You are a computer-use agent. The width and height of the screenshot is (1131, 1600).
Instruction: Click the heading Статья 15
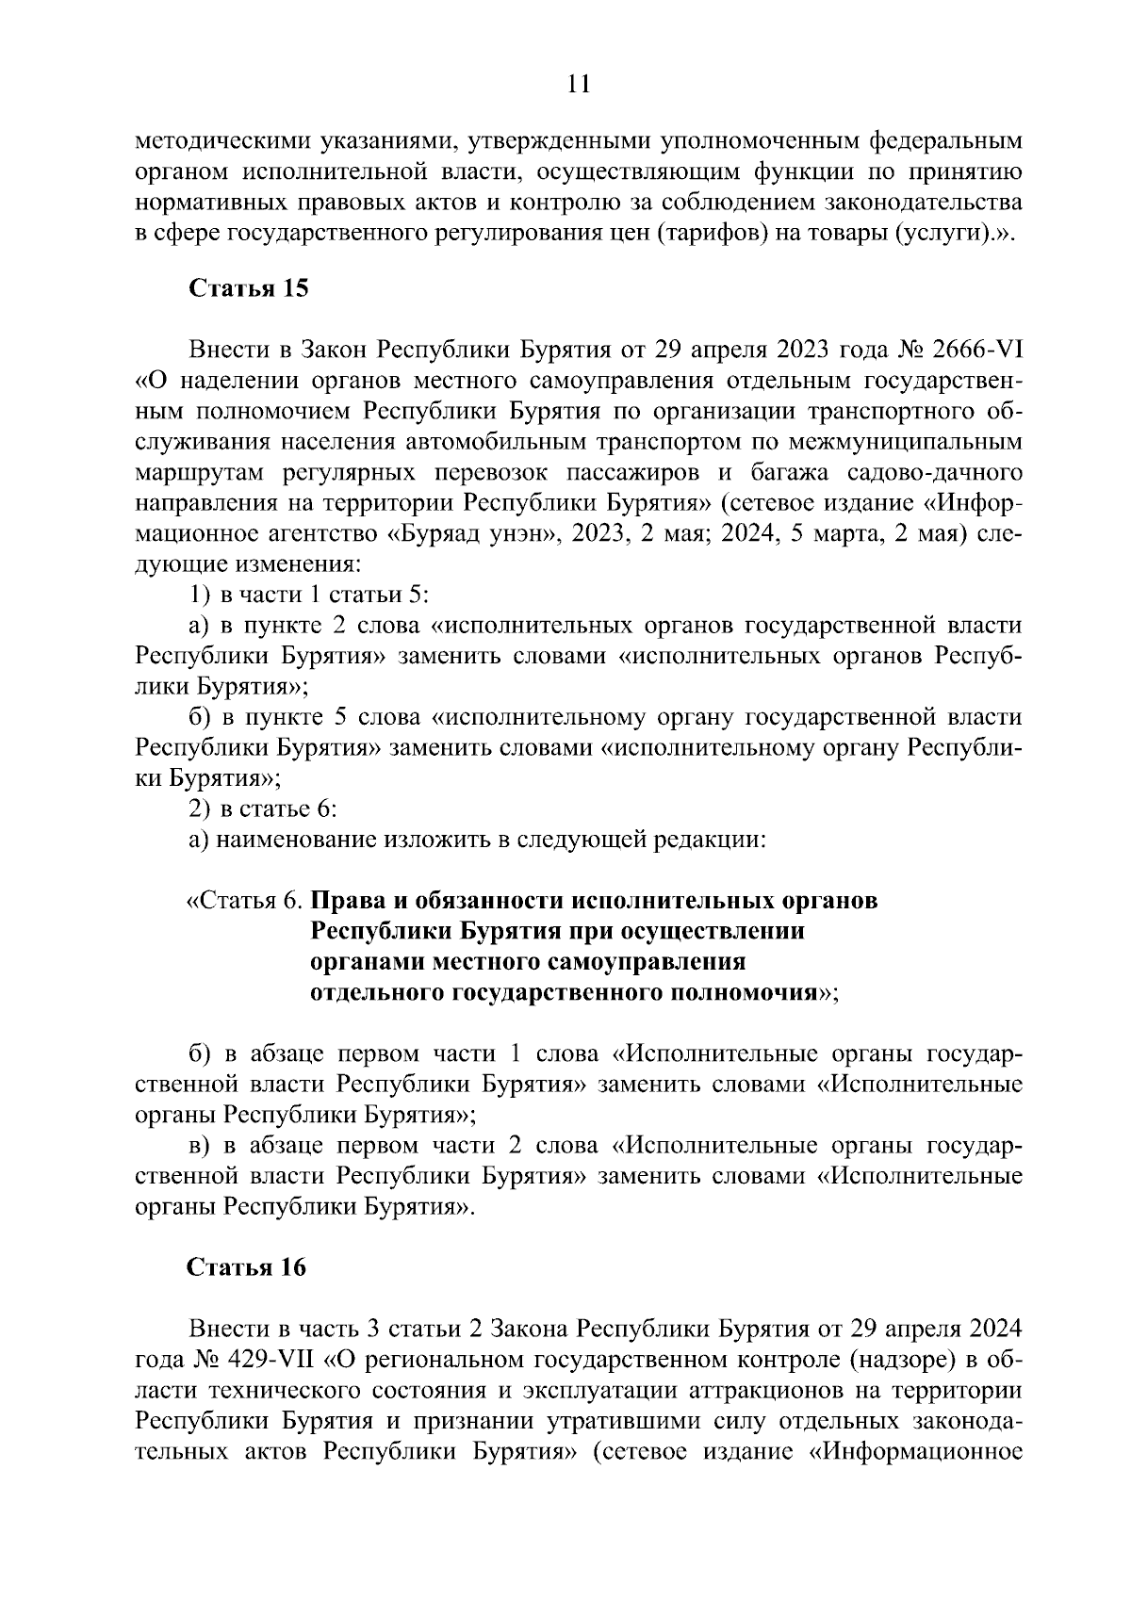[x=249, y=288]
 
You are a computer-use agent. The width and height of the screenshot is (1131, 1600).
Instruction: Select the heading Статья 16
[x=247, y=1267]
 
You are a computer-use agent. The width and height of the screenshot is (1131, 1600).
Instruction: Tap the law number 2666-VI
[x=970, y=351]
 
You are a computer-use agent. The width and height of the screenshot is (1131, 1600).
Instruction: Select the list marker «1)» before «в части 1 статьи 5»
[x=201, y=596]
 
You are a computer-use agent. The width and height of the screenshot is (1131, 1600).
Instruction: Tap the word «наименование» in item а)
[x=295, y=840]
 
